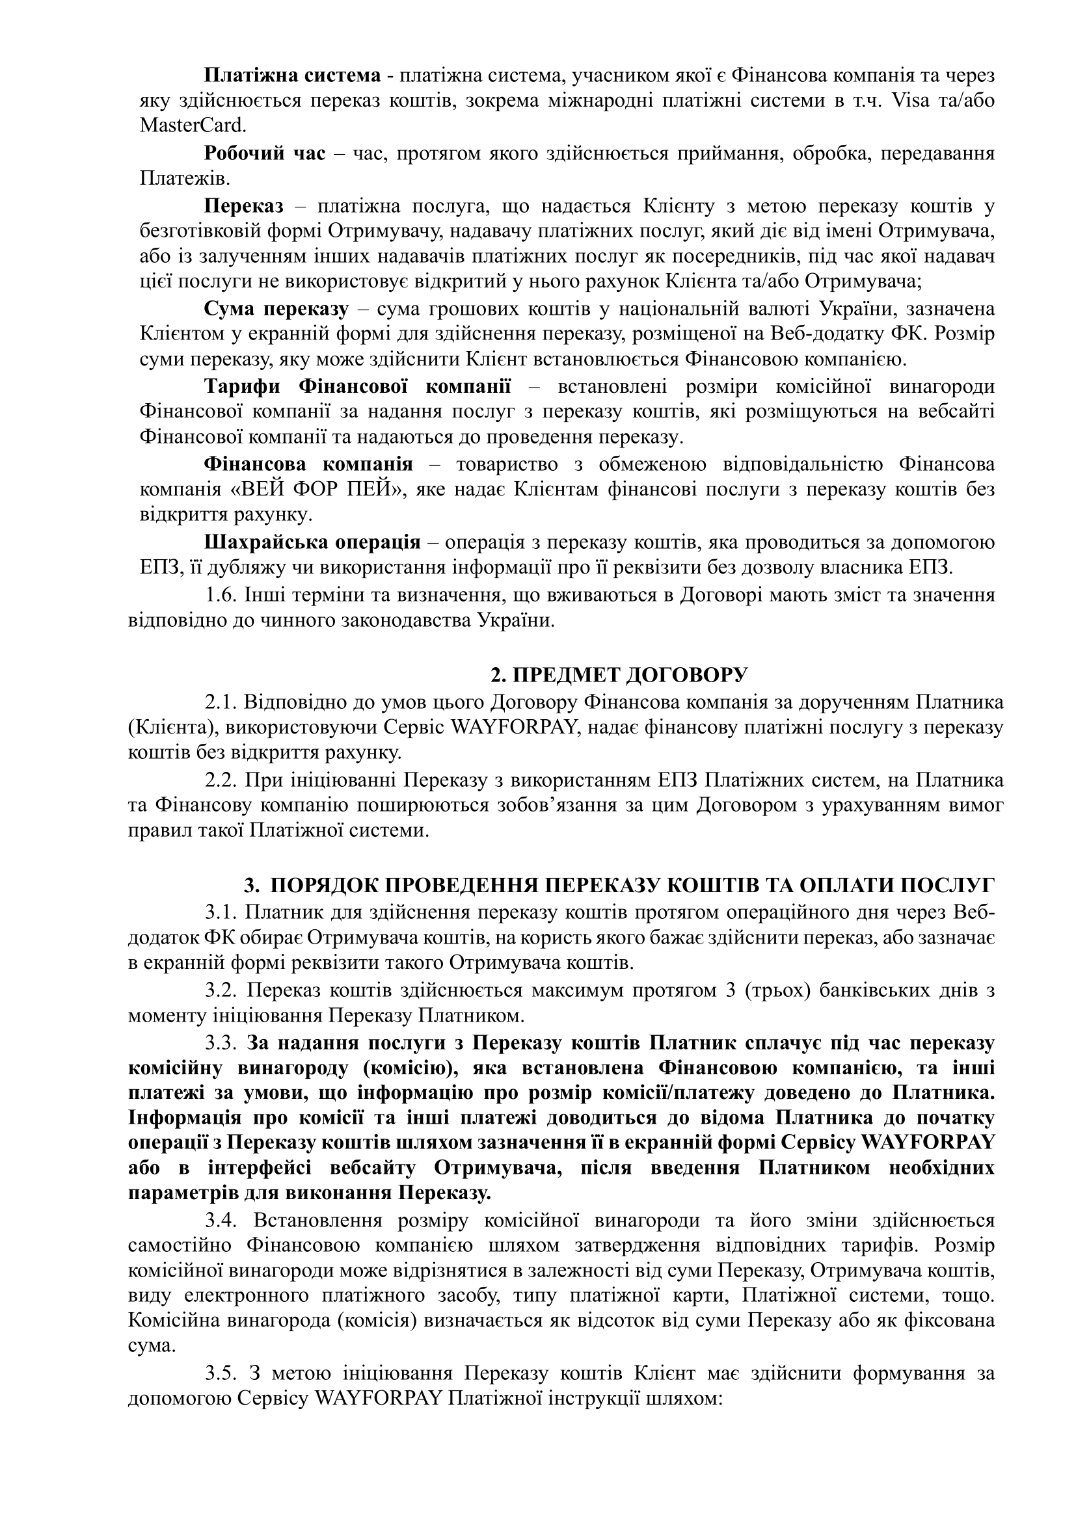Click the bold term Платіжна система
point(292,75)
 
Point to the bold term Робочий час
point(264,153)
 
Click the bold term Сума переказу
point(276,310)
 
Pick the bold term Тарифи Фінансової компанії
point(358,386)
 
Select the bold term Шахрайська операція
point(312,542)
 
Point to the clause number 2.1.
point(221,702)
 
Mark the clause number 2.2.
point(221,780)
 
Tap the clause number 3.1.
point(221,912)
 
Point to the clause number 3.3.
point(221,1042)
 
